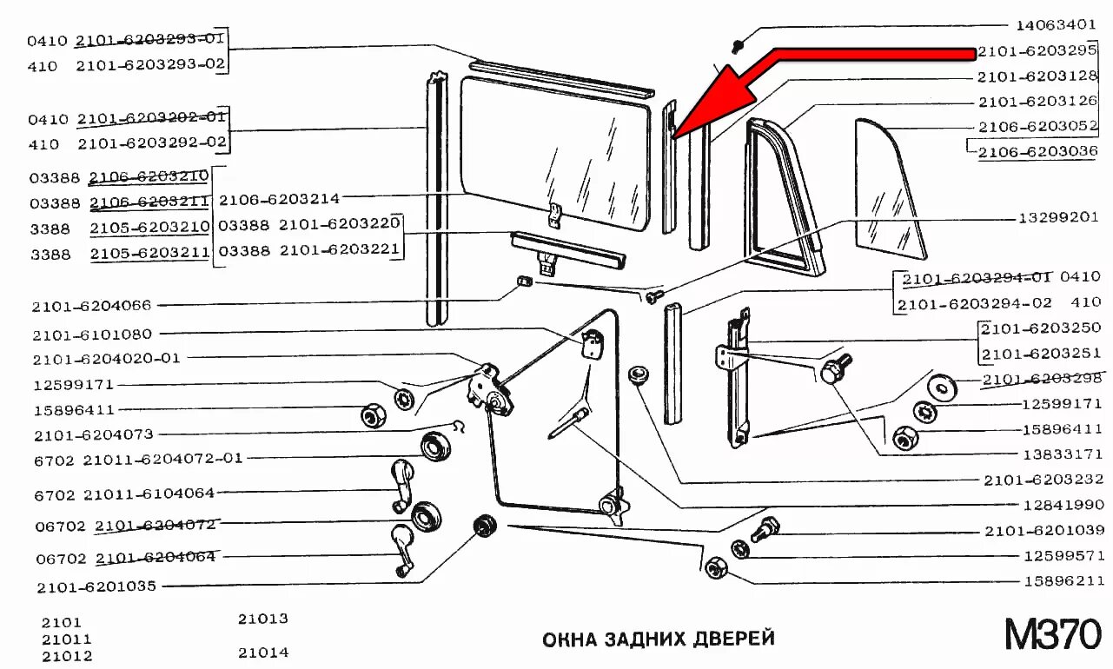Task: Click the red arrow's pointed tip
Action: point(673,134)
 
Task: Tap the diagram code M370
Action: point(1052,636)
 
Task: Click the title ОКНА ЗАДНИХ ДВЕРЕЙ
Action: point(658,639)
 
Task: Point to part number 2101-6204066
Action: point(92,306)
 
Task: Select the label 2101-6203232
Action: point(1043,480)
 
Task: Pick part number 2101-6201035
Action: point(96,586)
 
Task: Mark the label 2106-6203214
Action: point(279,199)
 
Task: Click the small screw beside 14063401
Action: point(737,43)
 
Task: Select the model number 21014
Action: point(263,652)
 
